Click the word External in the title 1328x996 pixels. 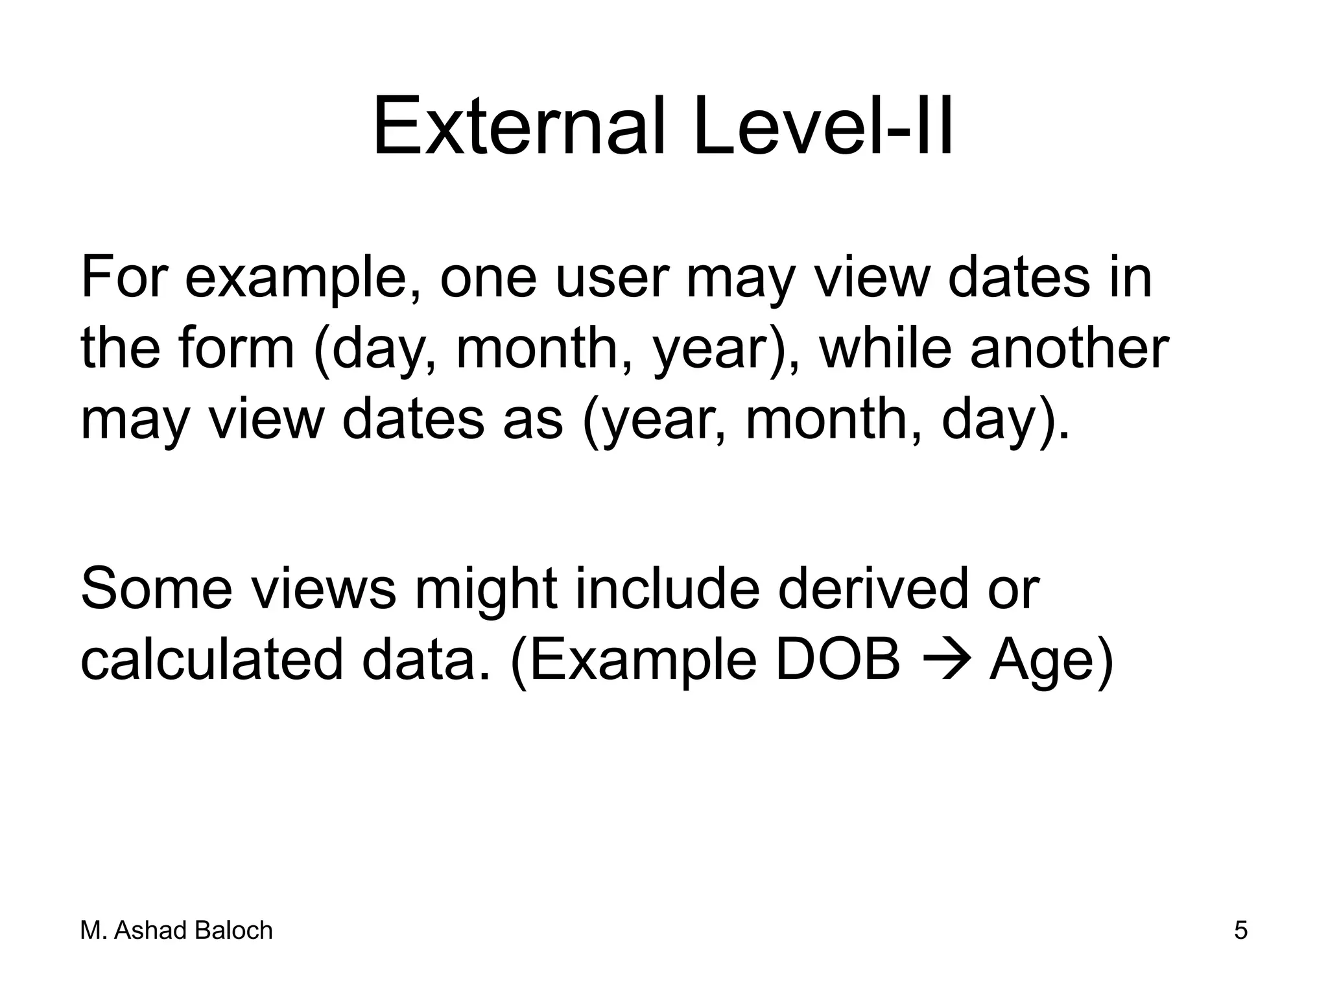pyautogui.click(x=519, y=126)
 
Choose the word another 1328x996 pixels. pyautogui.click(x=1069, y=348)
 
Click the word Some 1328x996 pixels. pyautogui.click(x=156, y=589)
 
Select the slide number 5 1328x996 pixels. pyautogui.click(x=1240, y=931)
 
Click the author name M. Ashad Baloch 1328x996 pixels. pyautogui.click(x=176, y=931)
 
